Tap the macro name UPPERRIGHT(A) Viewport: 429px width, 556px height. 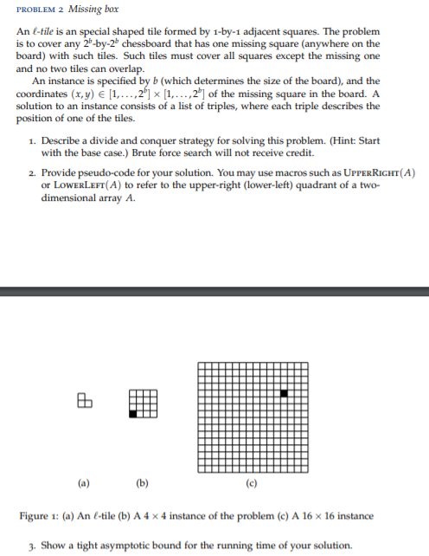(375, 173)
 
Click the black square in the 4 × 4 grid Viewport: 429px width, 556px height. (133, 415)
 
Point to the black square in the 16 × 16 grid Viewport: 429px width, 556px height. (283, 394)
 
